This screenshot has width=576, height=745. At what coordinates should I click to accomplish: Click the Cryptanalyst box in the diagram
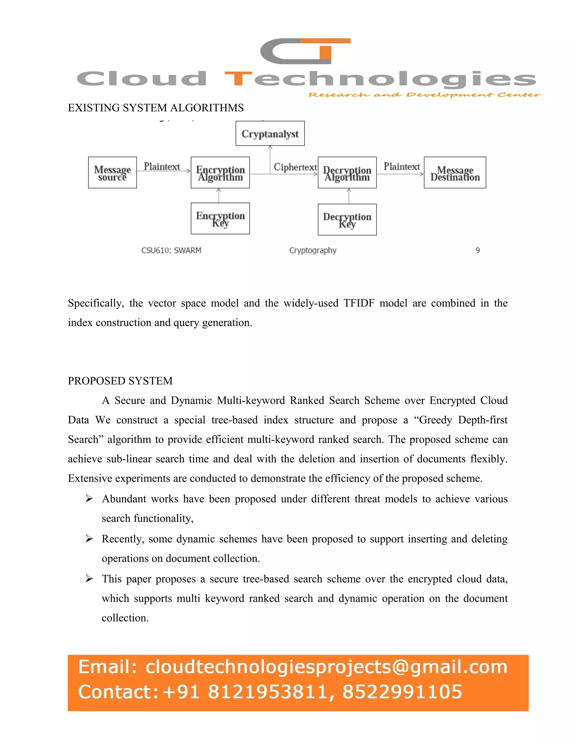270,133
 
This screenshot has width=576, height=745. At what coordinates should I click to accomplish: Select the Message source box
112,173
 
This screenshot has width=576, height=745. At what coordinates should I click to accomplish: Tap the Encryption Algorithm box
220,173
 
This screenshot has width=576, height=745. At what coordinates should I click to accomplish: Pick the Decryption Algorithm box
347,173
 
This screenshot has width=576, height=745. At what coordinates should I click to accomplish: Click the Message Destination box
455,173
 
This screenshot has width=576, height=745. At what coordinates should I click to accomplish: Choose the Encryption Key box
220,219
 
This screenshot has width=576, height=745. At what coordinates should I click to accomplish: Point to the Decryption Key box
347,220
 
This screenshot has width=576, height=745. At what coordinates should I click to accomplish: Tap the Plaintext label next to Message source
161,166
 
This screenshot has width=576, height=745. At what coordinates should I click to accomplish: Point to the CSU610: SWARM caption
171,250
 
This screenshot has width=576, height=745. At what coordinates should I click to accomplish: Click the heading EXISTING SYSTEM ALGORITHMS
156,108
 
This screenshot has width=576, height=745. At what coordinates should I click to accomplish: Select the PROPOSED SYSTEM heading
120,381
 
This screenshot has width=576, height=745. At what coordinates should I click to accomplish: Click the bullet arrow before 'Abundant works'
89,499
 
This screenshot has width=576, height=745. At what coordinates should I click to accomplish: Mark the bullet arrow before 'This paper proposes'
89,579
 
